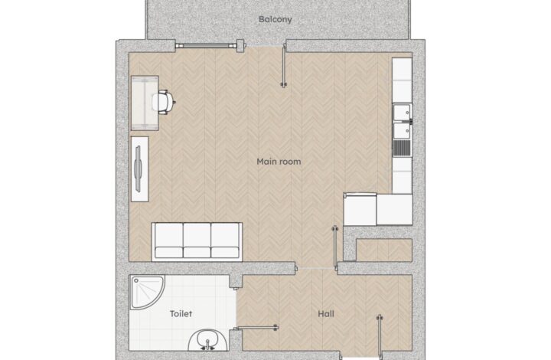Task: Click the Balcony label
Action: [x=275, y=19]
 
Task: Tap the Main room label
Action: [x=279, y=162]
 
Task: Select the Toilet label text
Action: [x=181, y=313]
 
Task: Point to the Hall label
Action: [x=326, y=313]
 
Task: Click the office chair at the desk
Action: [x=164, y=102]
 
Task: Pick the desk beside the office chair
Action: [x=145, y=103]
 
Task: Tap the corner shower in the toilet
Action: [x=147, y=292]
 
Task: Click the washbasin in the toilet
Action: [x=208, y=340]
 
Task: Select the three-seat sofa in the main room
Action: [x=197, y=242]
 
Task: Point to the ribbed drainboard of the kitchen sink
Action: [x=402, y=148]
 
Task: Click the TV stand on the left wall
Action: [x=139, y=169]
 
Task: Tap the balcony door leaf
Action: [x=284, y=65]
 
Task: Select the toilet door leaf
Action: [x=256, y=328]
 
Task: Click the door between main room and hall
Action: [x=335, y=246]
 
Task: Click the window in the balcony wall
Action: [x=206, y=45]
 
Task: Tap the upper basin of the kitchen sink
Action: [x=402, y=112]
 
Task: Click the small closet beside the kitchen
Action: [x=383, y=250]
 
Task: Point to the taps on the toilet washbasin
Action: [x=208, y=345]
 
